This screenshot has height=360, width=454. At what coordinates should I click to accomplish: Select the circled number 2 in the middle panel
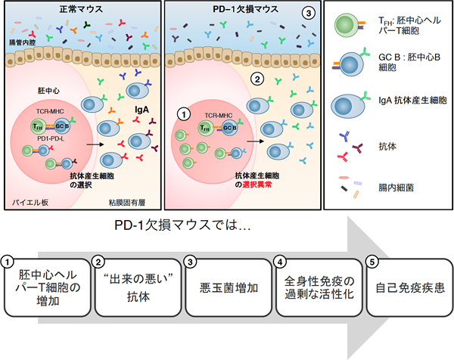coord(257,77)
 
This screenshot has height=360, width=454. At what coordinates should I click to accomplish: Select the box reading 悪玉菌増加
coord(225,288)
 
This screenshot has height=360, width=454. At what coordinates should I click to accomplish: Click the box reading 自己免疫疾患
coord(406,288)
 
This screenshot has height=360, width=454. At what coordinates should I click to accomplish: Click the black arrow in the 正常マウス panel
coord(94,141)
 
